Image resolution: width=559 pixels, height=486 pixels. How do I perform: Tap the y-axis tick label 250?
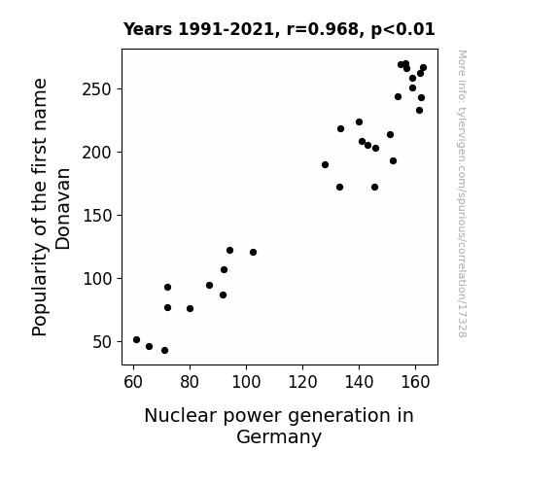[x=97, y=89]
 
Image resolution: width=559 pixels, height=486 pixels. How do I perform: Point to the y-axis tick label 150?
[x=97, y=216]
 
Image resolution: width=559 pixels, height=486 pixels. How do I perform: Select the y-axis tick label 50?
[x=102, y=342]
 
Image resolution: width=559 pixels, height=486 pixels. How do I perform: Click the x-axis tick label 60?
[x=133, y=382]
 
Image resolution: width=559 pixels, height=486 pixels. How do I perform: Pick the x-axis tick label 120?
[x=302, y=382]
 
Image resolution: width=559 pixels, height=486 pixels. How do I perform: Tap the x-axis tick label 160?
[x=415, y=382]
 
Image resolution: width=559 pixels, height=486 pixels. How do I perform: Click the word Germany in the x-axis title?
[x=279, y=436]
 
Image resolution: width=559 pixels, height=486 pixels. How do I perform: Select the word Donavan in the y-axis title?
[x=63, y=209]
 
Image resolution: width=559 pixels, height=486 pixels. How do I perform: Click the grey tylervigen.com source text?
[x=462, y=193]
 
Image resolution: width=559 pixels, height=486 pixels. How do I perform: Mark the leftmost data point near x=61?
[x=136, y=340]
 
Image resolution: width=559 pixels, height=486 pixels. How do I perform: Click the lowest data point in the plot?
[x=164, y=351]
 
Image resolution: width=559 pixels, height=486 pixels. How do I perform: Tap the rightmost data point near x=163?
[x=423, y=68]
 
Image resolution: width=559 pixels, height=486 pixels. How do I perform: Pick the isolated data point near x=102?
[x=253, y=253]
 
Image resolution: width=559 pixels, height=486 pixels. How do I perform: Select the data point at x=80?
[x=190, y=309]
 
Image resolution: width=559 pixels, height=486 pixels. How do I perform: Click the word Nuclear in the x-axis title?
[x=181, y=416]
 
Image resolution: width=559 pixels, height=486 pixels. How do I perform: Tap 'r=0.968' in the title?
[x=323, y=29]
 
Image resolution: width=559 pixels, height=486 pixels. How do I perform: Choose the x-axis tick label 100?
[x=246, y=382]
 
